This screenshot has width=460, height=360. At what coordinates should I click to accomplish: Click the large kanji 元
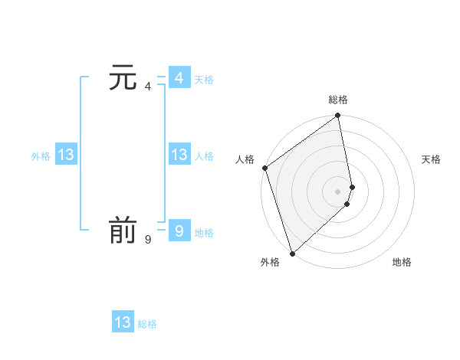(x=123, y=78)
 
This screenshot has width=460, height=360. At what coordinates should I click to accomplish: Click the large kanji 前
(x=123, y=231)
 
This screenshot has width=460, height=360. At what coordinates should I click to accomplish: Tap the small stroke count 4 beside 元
(x=147, y=86)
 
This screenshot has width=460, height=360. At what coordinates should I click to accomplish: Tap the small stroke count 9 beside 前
(x=147, y=239)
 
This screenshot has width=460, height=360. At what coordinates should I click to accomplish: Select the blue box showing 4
(x=179, y=78)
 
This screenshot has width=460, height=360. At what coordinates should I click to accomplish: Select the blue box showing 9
(x=179, y=231)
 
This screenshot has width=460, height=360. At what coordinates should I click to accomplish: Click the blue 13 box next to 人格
(x=179, y=155)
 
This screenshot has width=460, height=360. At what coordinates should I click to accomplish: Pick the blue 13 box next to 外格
(x=66, y=155)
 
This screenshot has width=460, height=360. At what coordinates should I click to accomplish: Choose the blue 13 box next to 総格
(x=123, y=322)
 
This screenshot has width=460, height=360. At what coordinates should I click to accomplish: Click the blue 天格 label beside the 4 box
(x=204, y=80)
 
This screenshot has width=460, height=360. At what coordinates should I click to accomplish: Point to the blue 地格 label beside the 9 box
(x=204, y=233)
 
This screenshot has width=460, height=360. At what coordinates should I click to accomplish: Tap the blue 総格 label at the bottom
(x=147, y=324)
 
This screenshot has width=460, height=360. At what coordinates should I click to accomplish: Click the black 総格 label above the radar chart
(x=338, y=100)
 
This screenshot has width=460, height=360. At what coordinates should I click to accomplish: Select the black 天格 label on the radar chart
(x=432, y=159)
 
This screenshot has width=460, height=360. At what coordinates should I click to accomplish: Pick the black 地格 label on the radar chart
(x=402, y=263)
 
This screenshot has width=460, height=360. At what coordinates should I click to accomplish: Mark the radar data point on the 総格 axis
(x=338, y=116)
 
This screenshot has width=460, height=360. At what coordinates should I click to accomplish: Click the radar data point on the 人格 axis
(x=264, y=168)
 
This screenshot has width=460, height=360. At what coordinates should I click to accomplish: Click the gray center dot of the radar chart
(x=338, y=191)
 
